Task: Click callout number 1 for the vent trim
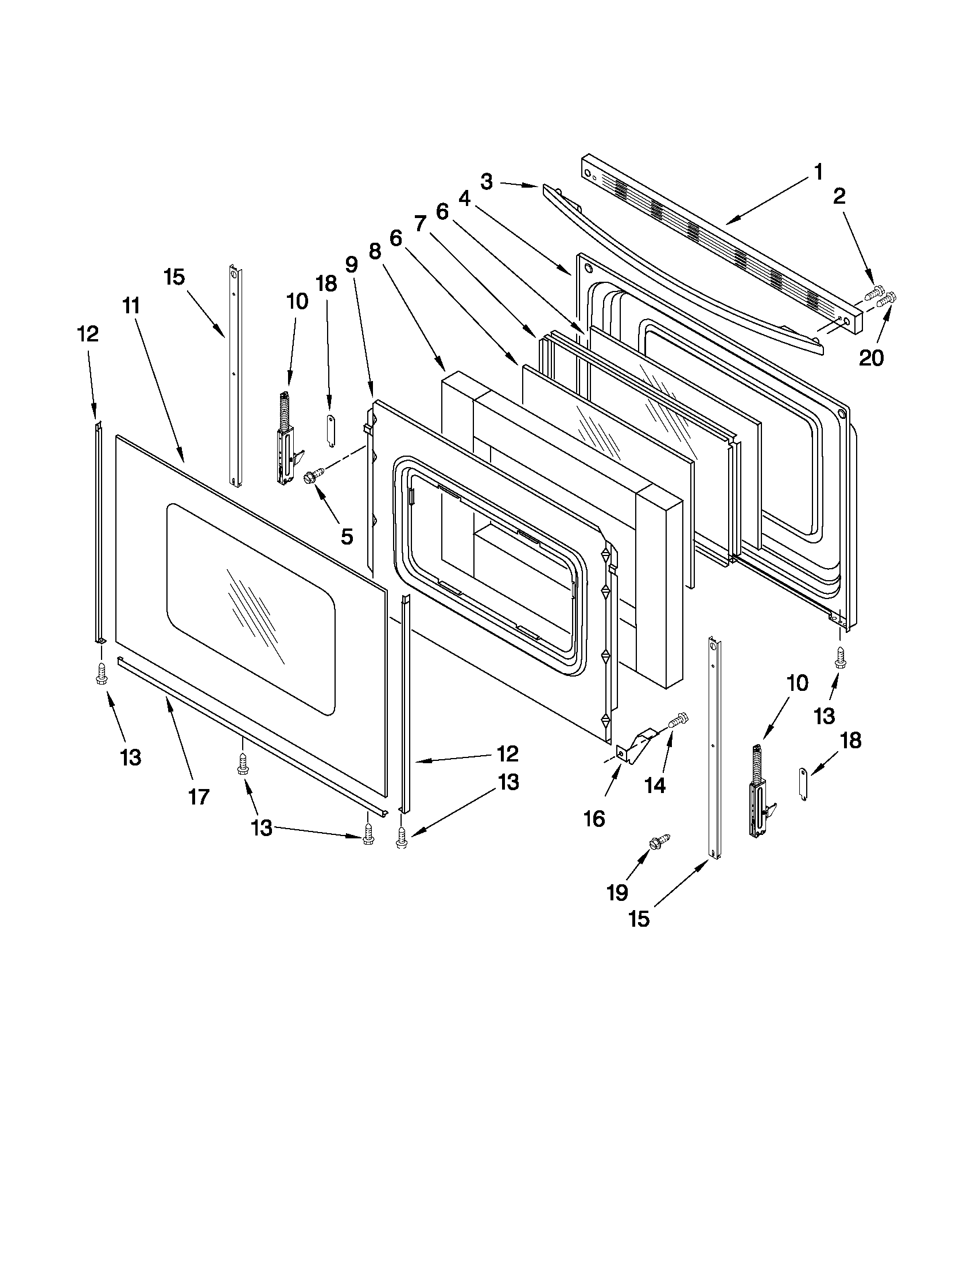818,172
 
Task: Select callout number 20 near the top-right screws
871,359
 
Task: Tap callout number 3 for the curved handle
486,182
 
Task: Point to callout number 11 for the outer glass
131,305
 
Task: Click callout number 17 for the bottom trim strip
199,798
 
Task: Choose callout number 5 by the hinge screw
347,537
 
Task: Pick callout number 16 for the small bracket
594,818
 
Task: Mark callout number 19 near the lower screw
617,892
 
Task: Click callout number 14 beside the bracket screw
655,786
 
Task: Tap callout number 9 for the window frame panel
352,265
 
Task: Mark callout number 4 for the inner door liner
464,199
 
